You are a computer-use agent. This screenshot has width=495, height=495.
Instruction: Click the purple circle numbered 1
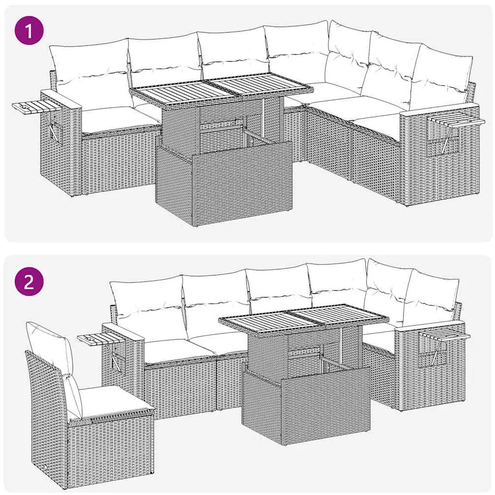pyautogui.click(x=29, y=32)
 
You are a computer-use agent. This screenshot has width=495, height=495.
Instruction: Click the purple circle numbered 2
pyautogui.click(x=29, y=283)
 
